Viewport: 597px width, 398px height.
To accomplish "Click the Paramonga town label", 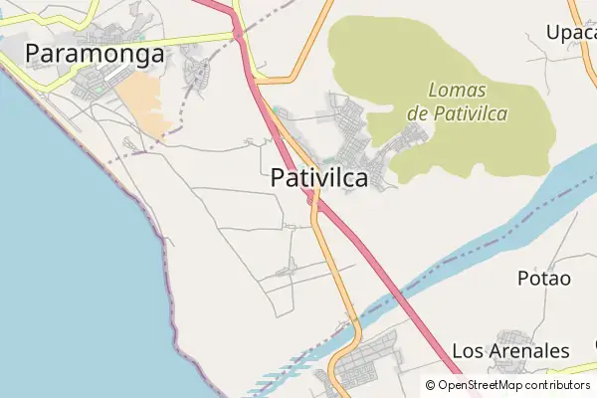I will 95,54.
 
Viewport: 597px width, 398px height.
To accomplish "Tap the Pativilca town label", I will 318,178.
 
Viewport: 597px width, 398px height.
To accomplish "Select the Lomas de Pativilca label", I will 457,101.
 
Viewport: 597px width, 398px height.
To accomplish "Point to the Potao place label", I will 544,279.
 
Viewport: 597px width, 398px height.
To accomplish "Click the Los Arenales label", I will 510,351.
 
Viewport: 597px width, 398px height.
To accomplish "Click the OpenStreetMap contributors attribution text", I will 514,385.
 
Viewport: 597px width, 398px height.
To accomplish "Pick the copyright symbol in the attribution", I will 430,385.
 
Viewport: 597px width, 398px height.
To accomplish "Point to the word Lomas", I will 458,90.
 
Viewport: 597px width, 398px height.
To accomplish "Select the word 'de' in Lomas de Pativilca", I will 417,113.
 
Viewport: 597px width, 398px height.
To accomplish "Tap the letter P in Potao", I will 523,279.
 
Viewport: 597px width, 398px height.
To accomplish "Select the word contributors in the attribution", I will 557,385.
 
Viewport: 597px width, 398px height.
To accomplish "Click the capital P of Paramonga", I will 35,54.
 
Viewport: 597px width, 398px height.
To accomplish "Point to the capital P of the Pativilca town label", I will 279,178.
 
